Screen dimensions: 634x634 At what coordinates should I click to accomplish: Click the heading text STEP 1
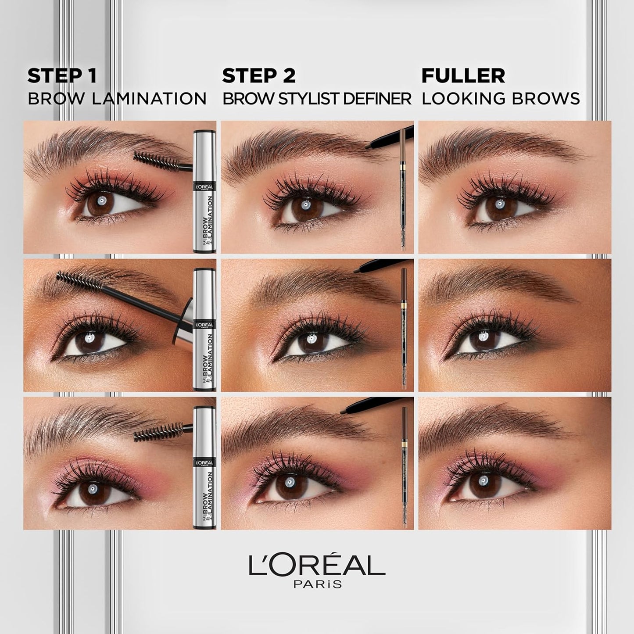tap(62, 76)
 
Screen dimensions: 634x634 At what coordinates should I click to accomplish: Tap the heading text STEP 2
tap(259, 76)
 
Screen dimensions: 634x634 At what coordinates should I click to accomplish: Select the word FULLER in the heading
tap(463, 76)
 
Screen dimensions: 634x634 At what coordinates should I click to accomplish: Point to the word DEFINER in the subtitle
tap(377, 99)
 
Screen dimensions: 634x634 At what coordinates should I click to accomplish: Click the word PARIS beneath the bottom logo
tap(317, 584)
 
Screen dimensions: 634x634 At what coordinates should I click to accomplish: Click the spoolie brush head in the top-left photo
tap(151, 161)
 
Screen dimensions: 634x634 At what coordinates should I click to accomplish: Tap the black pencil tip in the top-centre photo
tap(369, 145)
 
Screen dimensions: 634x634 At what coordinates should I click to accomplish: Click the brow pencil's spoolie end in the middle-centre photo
tap(404, 378)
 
